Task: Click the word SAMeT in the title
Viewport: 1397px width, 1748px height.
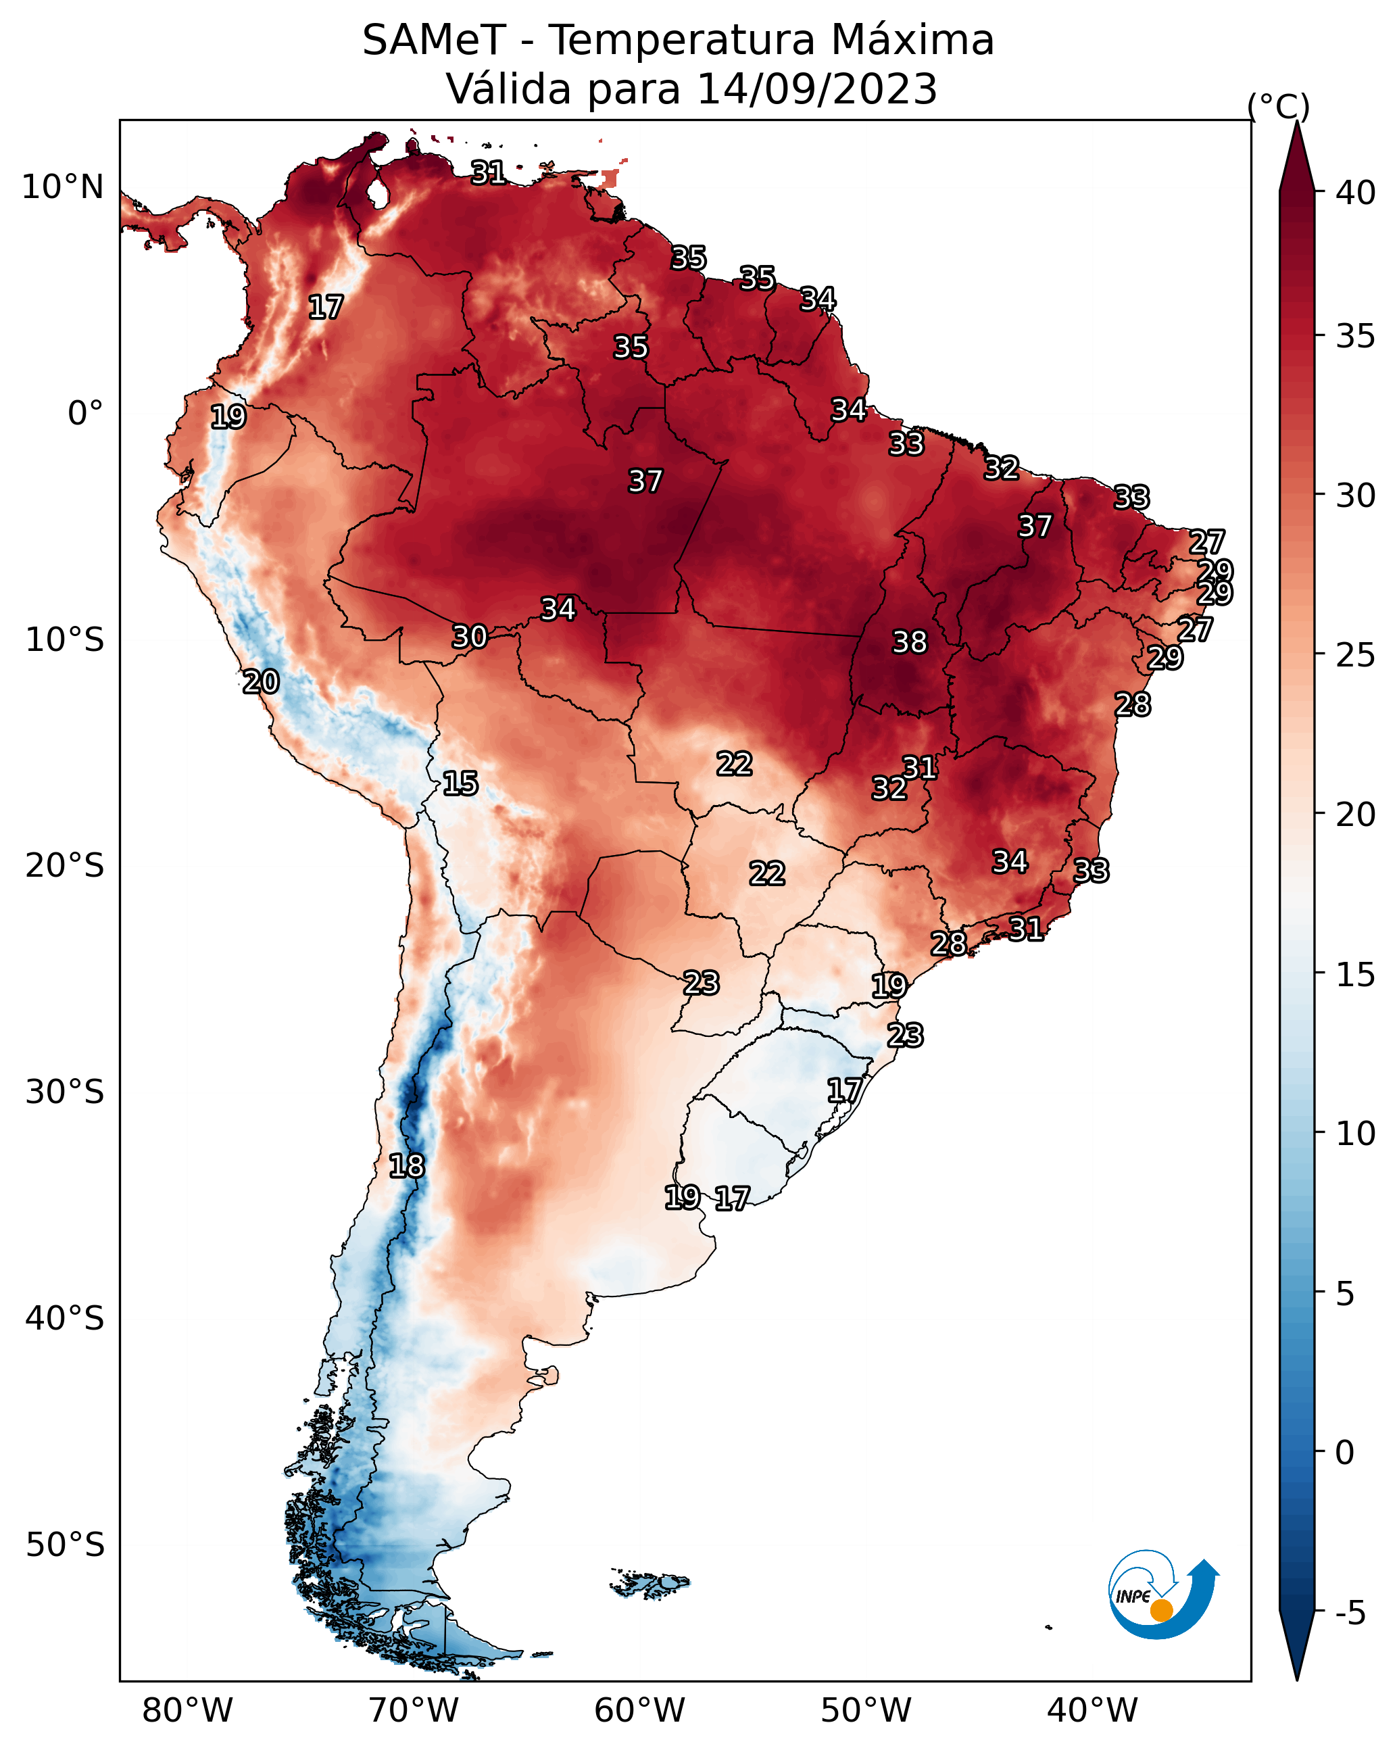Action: coord(434,41)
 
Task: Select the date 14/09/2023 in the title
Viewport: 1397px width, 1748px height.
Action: coord(816,89)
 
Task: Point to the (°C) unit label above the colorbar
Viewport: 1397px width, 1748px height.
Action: coord(1278,106)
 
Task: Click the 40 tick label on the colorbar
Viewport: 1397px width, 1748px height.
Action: coord(1356,193)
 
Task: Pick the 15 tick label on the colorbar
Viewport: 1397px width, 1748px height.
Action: coord(1356,974)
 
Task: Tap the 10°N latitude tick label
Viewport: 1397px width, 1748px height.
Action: coord(62,187)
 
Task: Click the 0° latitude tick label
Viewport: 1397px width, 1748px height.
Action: coord(85,413)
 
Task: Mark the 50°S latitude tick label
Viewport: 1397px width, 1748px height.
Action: coord(65,1545)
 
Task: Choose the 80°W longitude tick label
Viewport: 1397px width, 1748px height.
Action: coord(187,1710)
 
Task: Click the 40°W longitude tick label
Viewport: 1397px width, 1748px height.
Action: coord(1092,1710)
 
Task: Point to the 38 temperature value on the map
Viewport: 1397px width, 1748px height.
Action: coord(909,642)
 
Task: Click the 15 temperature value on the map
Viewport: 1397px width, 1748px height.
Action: coord(460,783)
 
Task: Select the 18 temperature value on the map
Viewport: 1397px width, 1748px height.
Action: coord(406,1166)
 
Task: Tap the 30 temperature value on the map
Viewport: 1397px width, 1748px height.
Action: coord(470,637)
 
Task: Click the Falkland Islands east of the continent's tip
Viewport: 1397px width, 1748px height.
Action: coord(650,1582)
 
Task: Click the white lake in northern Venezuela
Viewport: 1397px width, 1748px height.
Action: coord(377,193)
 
